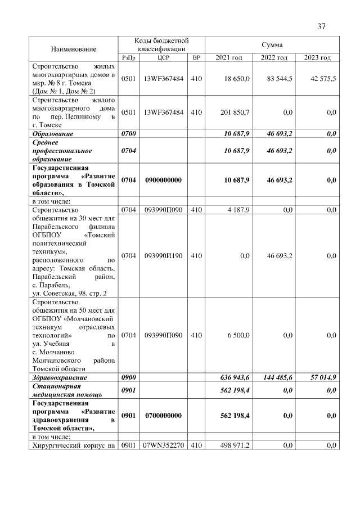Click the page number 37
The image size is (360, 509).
(321, 26)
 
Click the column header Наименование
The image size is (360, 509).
(74, 49)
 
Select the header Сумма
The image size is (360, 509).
(272, 44)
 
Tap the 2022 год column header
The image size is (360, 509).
(274, 58)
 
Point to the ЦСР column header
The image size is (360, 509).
(164, 58)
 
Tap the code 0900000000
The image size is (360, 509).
(164, 180)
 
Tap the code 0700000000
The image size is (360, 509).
(164, 416)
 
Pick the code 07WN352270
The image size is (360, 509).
(164, 446)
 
